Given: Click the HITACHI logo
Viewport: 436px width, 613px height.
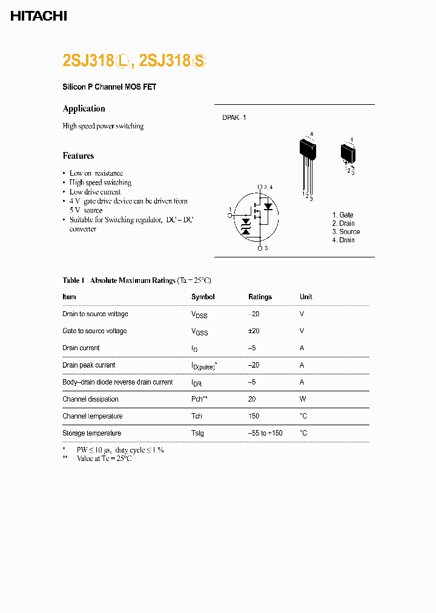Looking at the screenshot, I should point(39,16).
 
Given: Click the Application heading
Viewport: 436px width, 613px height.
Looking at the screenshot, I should point(84,108).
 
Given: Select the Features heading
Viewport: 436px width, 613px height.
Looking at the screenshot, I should point(78,156).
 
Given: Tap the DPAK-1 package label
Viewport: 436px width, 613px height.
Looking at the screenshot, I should point(234,118).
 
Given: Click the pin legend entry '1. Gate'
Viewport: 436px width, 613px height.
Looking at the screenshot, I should point(343,215).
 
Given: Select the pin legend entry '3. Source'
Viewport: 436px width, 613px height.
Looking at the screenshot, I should point(346,231).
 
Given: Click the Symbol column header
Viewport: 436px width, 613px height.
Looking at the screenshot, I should point(203,297).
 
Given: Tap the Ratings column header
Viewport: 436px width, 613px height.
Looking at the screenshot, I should point(260,297).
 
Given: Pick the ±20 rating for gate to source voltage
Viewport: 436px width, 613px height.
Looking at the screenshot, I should point(254,331).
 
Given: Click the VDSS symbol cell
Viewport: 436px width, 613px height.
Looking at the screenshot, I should point(199,314).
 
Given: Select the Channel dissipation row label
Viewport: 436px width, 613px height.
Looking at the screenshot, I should point(90,399).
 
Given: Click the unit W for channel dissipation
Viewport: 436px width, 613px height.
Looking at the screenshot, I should point(303,399).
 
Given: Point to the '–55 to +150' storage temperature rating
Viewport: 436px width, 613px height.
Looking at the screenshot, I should point(265,433).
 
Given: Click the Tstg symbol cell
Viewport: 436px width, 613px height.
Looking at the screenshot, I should point(197,433).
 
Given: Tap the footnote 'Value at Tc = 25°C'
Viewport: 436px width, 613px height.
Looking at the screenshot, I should point(104,459).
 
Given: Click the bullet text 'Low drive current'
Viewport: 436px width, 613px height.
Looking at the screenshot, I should point(95,191).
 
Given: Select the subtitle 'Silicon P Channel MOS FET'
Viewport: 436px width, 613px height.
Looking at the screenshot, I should point(110,87).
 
